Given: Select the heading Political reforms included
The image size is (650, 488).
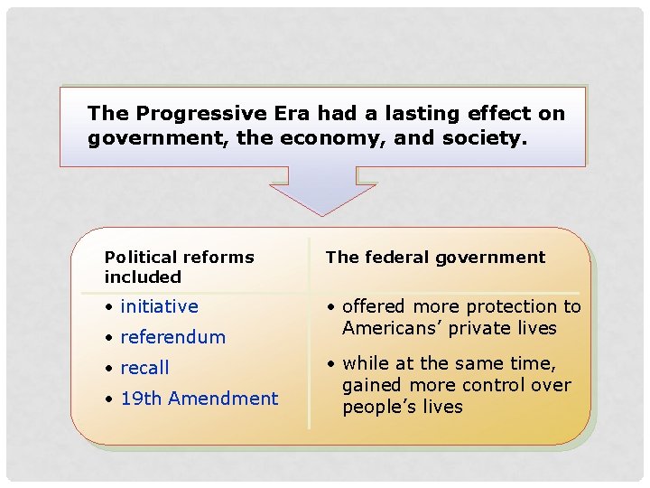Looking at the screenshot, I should pos(179,267).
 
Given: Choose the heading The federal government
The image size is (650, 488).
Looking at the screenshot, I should pos(435,258).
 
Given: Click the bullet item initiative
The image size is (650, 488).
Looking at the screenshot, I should pos(159,307).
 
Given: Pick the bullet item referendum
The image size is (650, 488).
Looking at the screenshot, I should pos(172,338).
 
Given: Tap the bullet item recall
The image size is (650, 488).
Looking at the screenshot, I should pos(144,369).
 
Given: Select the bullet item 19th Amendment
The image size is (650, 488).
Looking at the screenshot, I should pos(199,399).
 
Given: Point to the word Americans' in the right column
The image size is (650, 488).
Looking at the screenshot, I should pos(389,329).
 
